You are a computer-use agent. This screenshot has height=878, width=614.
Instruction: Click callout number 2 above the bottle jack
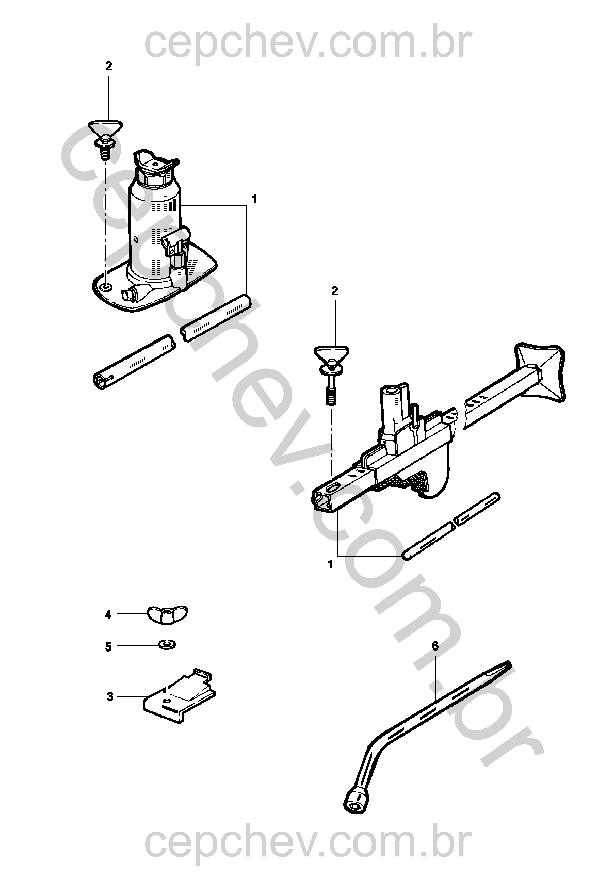(x=108, y=66)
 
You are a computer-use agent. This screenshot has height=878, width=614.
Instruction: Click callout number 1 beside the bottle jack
(x=254, y=200)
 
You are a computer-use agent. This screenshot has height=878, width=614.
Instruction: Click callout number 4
(x=108, y=615)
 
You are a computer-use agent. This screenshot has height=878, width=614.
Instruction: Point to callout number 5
(x=108, y=646)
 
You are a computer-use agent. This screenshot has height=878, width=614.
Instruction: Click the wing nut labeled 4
(x=167, y=614)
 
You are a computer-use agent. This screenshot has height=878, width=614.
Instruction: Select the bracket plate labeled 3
(x=179, y=694)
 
